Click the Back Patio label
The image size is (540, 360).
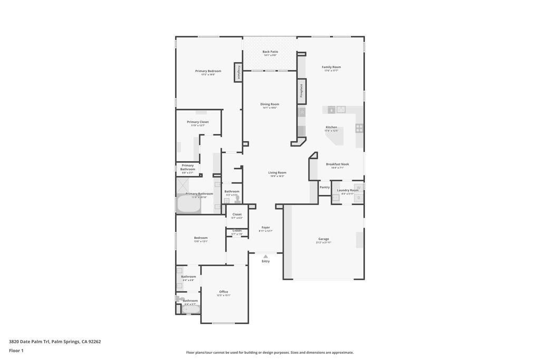pyautogui.click(x=270, y=52)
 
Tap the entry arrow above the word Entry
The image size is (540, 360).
pyautogui.click(x=266, y=256)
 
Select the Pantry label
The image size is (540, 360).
pyautogui.click(x=324, y=187)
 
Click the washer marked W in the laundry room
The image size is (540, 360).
pyautogui.click(x=359, y=187)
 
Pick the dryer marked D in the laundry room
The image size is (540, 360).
pyautogui.click(x=359, y=198)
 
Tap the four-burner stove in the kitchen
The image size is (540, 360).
pyautogui.click(x=359, y=128)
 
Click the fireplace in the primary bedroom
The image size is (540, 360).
pyautogui.click(x=238, y=72)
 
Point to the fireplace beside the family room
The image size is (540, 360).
pyautogui.click(x=302, y=91)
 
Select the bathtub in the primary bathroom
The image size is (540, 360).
pyautogui.click(x=188, y=203)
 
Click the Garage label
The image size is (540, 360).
pyautogui.click(x=323, y=239)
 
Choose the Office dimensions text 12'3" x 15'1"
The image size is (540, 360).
pyautogui.click(x=224, y=296)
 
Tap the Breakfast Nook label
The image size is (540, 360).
pyautogui.click(x=337, y=164)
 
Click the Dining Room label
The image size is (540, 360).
pyautogui.click(x=269, y=104)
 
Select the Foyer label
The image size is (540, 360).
pyautogui.click(x=266, y=227)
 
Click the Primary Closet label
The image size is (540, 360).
pyautogui.click(x=198, y=122)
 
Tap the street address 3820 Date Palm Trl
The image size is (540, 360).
pyautogui.click(x=30, y=342)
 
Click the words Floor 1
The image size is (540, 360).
pyautogui.click(x=16, y=351)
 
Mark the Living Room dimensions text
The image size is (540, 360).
pyautogui.click(x=277, y=176)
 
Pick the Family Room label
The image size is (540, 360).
pyautogui.click(x=331, y=67)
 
